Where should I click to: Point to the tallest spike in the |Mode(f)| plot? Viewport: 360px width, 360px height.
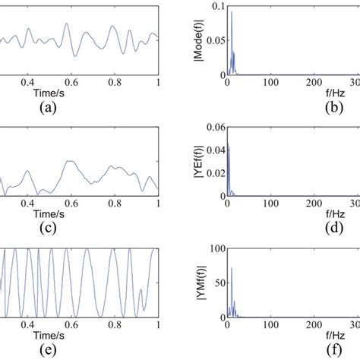pyautogui.click(x=232, y=14)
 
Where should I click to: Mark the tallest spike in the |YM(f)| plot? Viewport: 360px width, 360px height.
pyautogui.click(x=232, y=268)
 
